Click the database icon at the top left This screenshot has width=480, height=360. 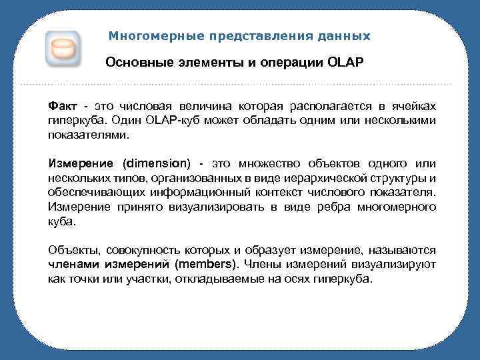click(63, 49)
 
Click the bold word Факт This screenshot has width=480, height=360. click(63, 107)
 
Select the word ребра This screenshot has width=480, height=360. click(318, 207)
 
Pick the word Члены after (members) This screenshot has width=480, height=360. click(262, 265)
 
